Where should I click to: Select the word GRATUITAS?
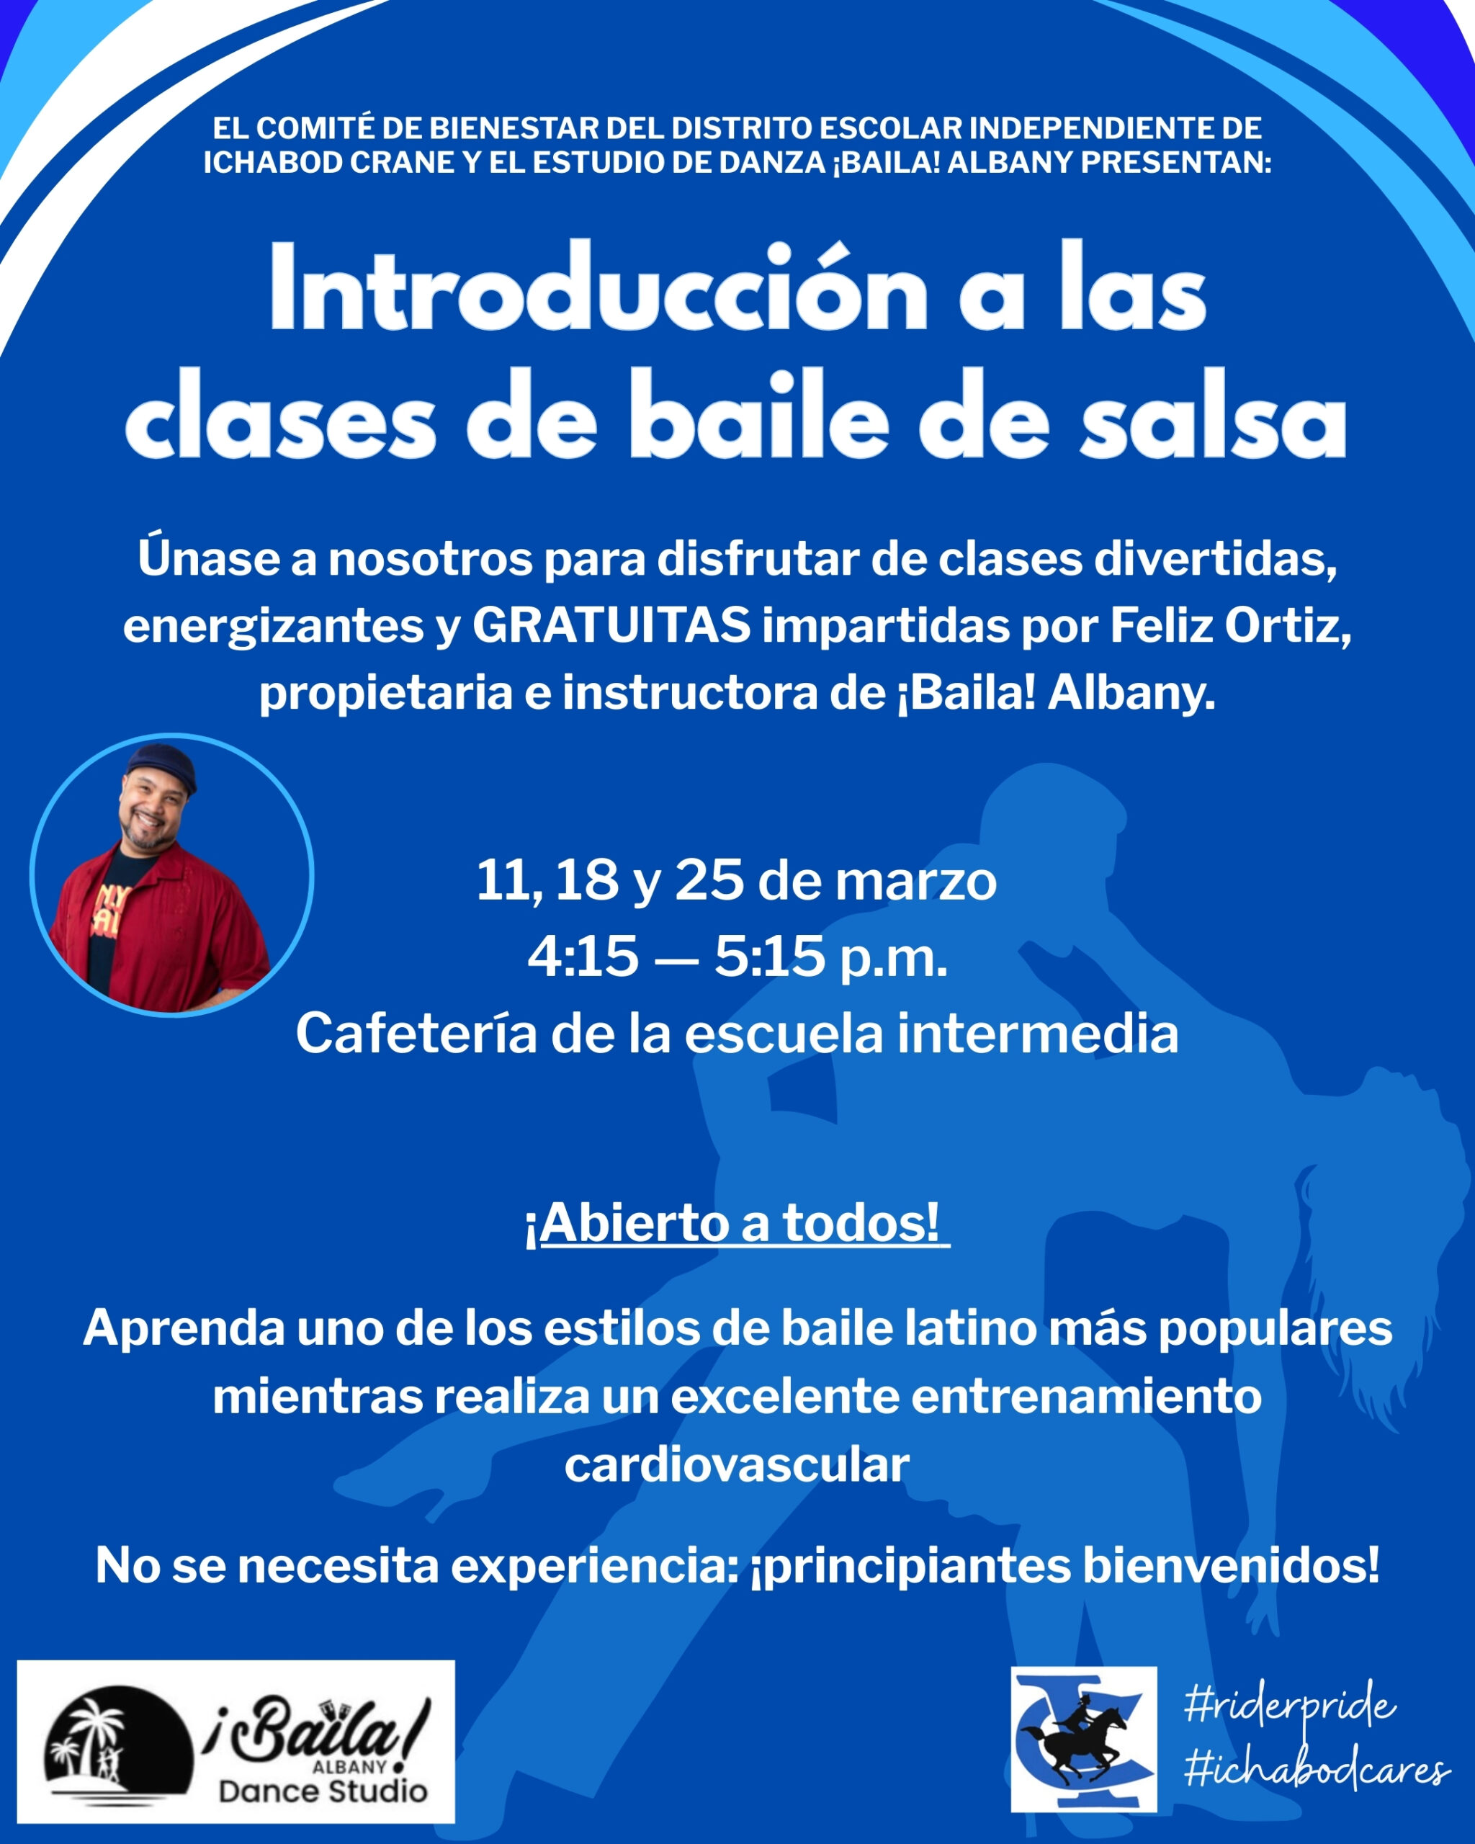pos(611,625)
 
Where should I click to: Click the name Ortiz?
pos(1288,625)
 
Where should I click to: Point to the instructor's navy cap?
pos(163,764)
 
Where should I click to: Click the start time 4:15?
pos(583,956)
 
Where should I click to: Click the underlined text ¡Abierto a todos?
pos(737,1222)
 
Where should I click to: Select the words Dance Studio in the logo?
pos(323,1790)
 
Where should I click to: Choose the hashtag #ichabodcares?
pos(1317,1771)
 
